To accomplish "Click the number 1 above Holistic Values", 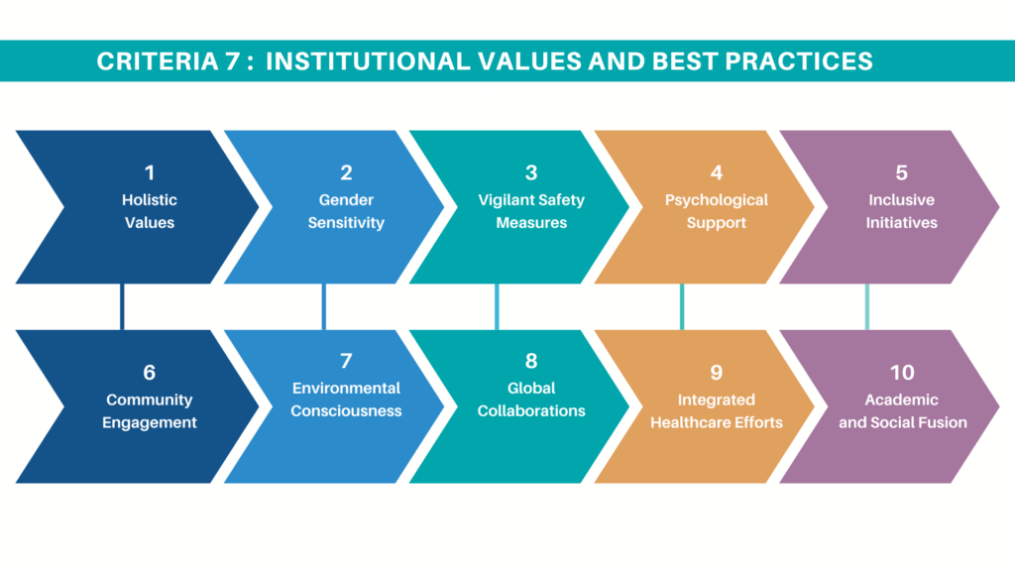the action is (150, 172).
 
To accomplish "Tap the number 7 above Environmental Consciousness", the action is (346, 361).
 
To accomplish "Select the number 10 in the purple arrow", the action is (902, 373).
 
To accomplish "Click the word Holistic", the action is (150, 200).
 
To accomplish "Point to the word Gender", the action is (346, 200).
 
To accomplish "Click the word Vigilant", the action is (506, 200).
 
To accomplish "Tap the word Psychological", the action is (717, 200).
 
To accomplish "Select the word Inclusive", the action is (902, 200).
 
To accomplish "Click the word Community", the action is (150, 400).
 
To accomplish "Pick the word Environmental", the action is (346, 389).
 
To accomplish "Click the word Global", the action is (531, 389).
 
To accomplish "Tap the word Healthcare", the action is (688, 422).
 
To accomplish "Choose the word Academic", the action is (902, 400).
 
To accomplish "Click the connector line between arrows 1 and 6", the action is (122, 307).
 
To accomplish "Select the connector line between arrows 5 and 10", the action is (866, 307).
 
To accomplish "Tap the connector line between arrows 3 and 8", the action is (497, 307).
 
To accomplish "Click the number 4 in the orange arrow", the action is (717, 172).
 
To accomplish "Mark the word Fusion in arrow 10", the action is (946, 422).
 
